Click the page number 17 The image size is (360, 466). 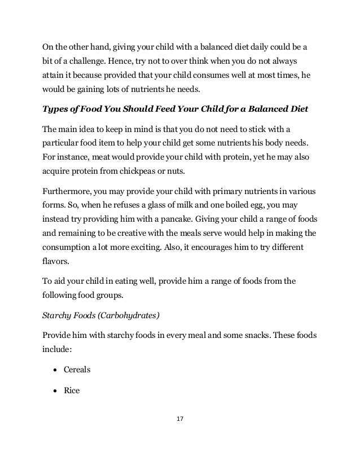pos(180,419)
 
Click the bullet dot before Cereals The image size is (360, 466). pos(57,370)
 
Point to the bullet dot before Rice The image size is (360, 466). pos(57,389)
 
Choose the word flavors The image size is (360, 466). pos(58,262)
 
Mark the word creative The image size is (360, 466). pos(149,234)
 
